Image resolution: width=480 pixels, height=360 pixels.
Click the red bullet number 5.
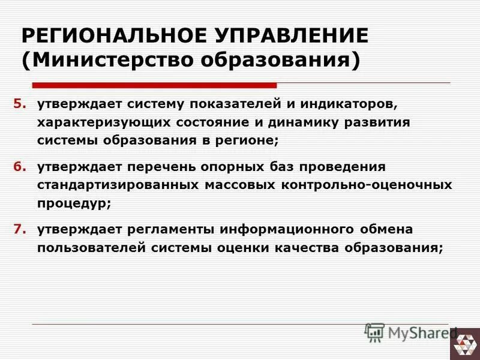tap(20, 103)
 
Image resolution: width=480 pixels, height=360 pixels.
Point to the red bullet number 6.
tap(20, 166)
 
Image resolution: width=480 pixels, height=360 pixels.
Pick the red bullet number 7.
tap(20, 229)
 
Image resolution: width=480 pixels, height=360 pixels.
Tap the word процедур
tap(74, 204)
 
